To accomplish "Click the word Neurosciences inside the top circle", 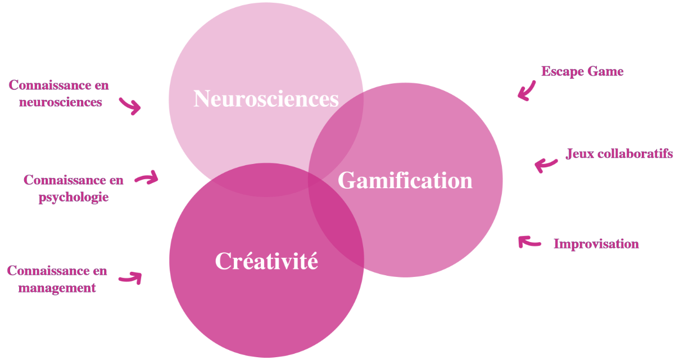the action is (266, 99).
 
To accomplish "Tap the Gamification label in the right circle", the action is (405, 180).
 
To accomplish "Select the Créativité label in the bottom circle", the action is (266, 261).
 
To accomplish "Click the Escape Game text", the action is (582, 71).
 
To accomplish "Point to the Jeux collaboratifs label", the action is (619, 154).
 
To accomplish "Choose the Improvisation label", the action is (596, 244).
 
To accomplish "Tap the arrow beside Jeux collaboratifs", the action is (546, 165).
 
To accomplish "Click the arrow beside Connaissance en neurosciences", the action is (130, 106).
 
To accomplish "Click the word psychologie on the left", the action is (74, 198).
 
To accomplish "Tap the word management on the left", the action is (57, 288).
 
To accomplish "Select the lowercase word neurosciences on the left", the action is (60, 102).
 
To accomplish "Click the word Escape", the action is (563, 71).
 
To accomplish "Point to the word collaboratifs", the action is (635, 153).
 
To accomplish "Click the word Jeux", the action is (580, 154).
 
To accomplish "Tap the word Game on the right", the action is (605, 71).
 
